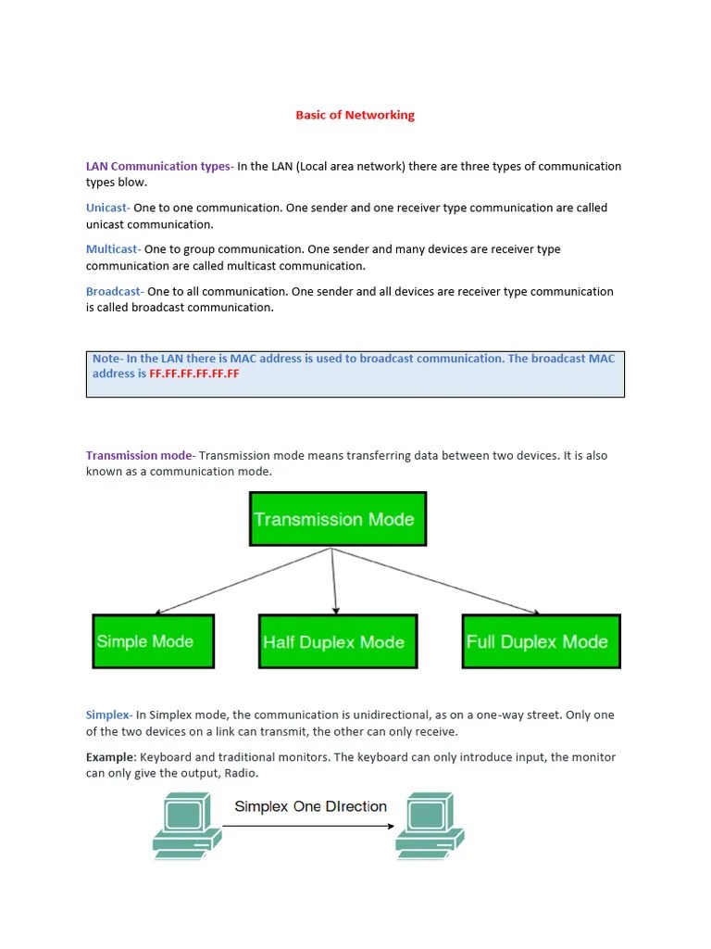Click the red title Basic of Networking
pos(355,116)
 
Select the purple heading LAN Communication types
pos(158,167)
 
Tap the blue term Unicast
pos(106,209)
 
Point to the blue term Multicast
pos(112,249)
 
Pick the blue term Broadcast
pos(114,292)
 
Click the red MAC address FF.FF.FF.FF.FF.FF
pos(194,374)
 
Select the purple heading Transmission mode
pos(139,456)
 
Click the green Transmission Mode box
pos(338,519)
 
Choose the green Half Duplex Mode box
pos(338,641)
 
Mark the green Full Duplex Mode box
pos(542,641)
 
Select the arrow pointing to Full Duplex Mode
pos(435,580)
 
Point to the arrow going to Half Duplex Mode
pos(334,580)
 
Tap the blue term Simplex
pos(108,715)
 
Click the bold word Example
pos(110,758)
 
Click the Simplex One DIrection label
pos(310,806)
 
